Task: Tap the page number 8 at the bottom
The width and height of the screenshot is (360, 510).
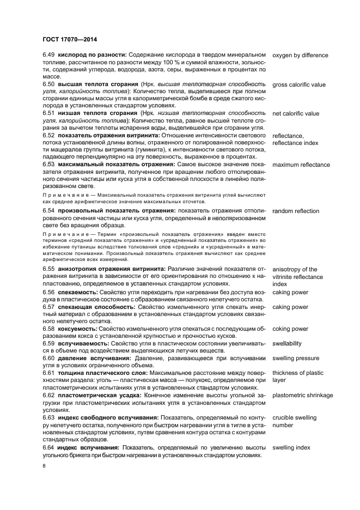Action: [x=44, y=466]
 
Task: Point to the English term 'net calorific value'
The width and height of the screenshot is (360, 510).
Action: [x=296, y=114]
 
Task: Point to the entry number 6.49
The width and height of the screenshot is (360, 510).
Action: [x=48, y=56]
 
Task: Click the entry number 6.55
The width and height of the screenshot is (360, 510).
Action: [x=48, y=270]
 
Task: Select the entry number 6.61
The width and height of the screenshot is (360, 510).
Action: [x=48, y=373]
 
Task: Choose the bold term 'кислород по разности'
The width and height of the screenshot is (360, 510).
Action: [x=92, y=56]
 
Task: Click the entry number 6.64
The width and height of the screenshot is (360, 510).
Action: [x=48, y=448]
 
